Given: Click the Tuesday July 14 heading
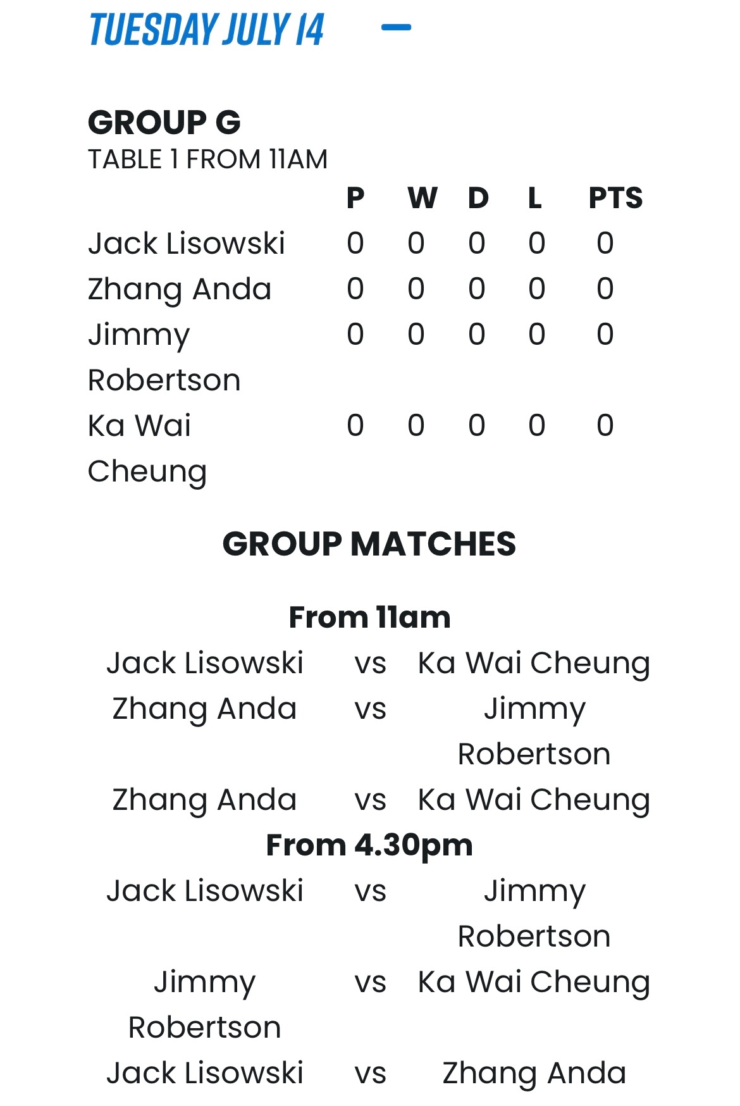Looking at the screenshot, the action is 206,29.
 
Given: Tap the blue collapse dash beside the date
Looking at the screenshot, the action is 397,27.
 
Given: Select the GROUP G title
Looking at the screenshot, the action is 164,122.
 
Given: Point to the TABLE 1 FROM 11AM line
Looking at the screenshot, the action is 207,159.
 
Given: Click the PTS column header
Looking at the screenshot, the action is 615,198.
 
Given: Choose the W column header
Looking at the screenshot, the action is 422,198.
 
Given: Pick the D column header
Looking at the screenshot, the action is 478,198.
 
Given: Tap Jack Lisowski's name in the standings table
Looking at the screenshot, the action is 187,244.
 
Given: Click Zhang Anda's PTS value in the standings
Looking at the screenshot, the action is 605,289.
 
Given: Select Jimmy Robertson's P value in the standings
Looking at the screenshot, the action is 355,335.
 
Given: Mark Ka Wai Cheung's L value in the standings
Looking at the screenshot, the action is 537,426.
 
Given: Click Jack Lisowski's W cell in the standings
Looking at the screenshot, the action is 416,244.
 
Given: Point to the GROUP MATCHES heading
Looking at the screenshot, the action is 369,544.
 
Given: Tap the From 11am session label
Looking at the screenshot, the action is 369,618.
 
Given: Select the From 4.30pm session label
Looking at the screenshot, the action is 369,845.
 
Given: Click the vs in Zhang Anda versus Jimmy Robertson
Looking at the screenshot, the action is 371,709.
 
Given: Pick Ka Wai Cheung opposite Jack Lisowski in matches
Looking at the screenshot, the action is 534,664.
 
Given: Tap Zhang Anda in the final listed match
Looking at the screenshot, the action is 534,1074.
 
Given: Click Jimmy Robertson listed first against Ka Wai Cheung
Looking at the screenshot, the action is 204,1005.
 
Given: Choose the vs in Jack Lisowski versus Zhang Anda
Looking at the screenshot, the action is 371,1074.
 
